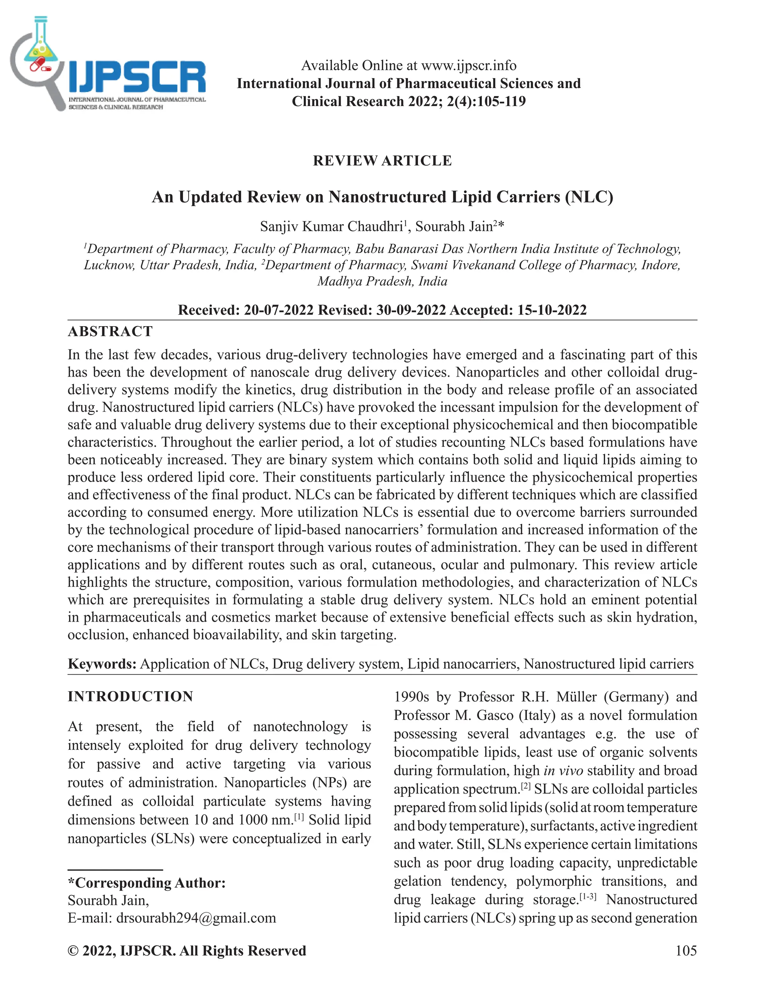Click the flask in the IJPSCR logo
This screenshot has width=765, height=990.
click(39, 45)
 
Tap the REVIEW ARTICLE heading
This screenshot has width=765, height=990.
click(382, 161)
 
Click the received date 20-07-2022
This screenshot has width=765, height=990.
click(279, 310)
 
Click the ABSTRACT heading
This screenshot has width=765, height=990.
click(110, 331)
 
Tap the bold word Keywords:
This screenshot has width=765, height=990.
click(102, 664)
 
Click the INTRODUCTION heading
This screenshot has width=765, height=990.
click(130, 697)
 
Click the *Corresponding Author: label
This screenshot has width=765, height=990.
click(146, 883)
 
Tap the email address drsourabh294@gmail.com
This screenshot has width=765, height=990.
click(196, 918)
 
